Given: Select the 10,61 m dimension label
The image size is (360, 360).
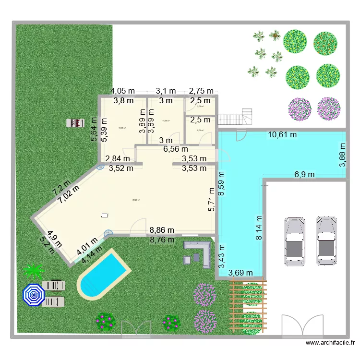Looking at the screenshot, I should coord(282,135).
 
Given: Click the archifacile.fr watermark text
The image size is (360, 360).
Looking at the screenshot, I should coord(331,343).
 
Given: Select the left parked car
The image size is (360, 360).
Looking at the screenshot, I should coord(294,241).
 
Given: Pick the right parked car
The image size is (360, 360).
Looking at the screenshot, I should coord(325,241).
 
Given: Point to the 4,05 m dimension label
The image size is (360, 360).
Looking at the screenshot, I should coord(123,91).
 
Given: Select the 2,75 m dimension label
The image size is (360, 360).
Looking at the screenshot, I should coord(201,91).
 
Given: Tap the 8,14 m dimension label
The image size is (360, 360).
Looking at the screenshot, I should coord(259,228).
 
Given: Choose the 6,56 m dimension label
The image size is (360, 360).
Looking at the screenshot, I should coord(175,149).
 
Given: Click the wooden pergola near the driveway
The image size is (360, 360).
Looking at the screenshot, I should coord(248,305).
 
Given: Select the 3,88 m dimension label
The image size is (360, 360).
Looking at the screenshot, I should coord(342,156).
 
